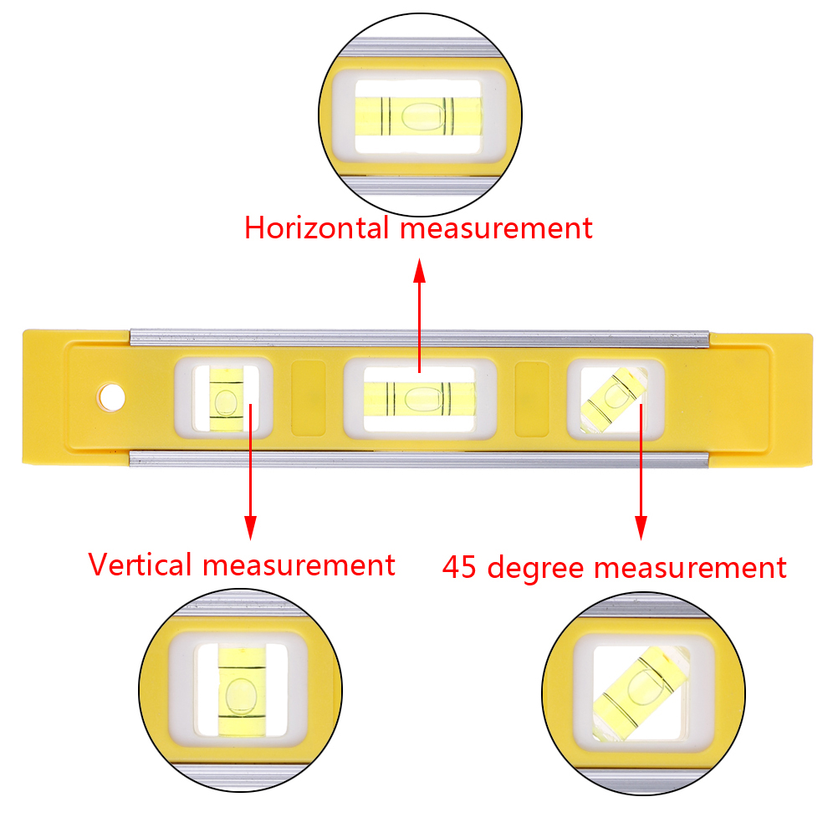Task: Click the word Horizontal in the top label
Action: click(x=316, y=227)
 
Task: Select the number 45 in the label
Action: click(x=462, y=568)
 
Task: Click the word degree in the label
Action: click(x=537, y=569)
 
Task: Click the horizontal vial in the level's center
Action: click(x=419, y=396)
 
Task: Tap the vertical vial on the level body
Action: click(x=223, y=396)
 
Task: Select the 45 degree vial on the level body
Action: click(x=616, y=398)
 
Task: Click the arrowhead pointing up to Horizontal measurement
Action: click(x=420, y=269)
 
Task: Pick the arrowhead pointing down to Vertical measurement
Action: click(x=249, y=527)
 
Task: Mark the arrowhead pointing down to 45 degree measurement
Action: click(x=641, y=527)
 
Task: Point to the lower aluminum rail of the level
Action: click(x=419, y=458)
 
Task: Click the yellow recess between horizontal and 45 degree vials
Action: click(x=532, y=398)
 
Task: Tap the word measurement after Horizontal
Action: click(x=495, y=227)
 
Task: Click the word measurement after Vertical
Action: click(x=298, y=565)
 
